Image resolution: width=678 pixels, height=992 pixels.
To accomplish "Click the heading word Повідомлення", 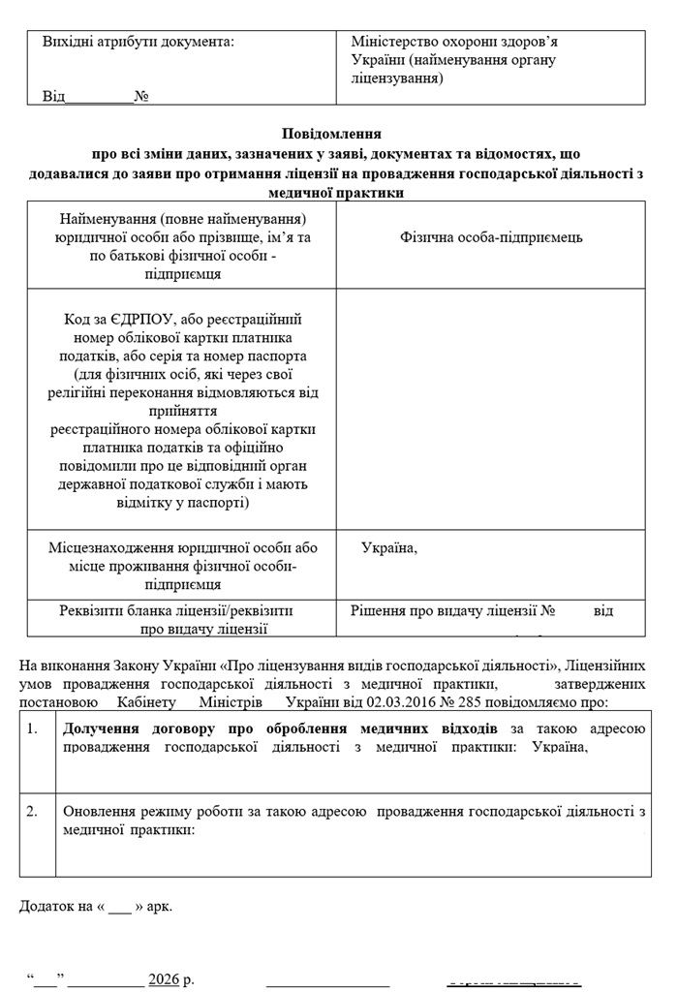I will point(331,134).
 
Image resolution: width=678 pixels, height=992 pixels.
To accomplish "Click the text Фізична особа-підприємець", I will point(491,237).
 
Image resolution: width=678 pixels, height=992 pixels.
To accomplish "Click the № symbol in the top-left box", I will point(140,97).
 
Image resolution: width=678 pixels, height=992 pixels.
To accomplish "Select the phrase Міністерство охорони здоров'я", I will point(454,43).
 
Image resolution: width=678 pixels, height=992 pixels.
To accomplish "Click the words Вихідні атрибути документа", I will point(138,43).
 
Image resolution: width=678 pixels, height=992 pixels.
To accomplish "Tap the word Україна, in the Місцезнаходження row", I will point(389,548).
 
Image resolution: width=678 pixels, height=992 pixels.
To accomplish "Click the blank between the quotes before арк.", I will point(118,908).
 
